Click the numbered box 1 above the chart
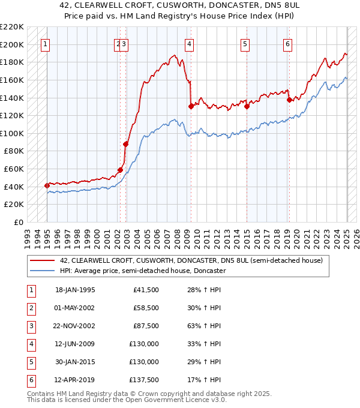pos(46,43)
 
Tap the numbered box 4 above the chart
pos(189,43)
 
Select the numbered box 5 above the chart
pos(245,43)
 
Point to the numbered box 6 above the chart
pos(288,43)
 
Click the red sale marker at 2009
pos(191,106)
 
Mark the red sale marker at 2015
pos(247,106)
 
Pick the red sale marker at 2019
pos(289,100)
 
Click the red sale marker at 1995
pos(47,185)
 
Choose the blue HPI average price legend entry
pos(142,271)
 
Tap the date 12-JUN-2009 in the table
pos(75,344)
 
